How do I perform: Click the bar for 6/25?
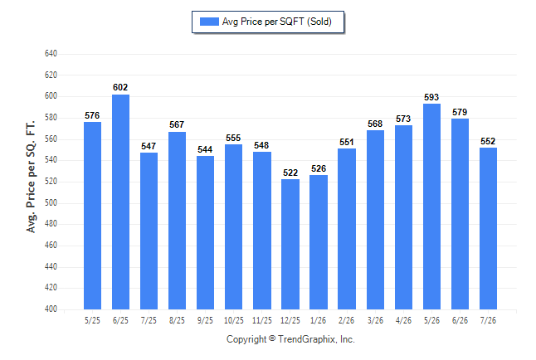[x=120, y=202]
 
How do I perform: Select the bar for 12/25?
[x=290, y=245]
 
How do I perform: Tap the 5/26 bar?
[x=431, y=207]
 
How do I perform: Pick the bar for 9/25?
[x=206, y=233]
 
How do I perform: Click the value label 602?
[x=120, y=88]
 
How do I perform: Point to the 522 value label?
[x=290, y=173]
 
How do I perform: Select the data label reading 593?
[x=431, y=97]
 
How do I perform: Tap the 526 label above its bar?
[x=319, y=168]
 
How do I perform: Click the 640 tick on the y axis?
[x=51, y=54]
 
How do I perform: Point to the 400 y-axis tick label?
[x=51, y=309]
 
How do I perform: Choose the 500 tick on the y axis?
[x=51, y=202]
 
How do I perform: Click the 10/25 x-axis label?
[x=234, y=320]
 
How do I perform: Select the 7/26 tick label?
[x=488, y=320]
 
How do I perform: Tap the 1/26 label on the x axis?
[x=319, y=320]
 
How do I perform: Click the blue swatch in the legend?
[x=209, y=22]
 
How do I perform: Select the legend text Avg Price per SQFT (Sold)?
[x=277, y=22]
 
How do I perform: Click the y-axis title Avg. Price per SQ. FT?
[x=31, y=177]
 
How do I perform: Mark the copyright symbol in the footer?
[x=272, y=338]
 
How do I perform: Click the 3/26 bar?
[x=375, y=220]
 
